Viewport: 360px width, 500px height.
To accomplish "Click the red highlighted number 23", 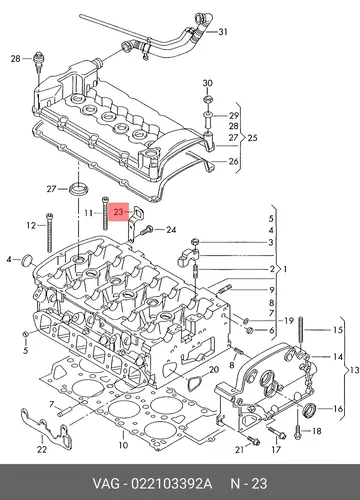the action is (x=118, y=212).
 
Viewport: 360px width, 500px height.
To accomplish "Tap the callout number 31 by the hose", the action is (x=223, y=32).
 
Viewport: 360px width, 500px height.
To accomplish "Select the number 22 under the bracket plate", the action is (x=42, y=449).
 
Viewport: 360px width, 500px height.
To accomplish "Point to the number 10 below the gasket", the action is (x=123, y=445).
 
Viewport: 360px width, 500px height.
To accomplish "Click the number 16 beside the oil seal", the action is (x=338, y=408).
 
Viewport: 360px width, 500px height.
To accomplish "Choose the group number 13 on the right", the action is (x=354, y=370).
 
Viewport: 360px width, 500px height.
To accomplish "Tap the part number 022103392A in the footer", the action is (x=171, y=484).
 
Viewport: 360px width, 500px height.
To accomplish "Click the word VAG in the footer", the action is (x=106, y=484).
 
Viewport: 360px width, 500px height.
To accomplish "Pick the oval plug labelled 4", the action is (x=27, y=260).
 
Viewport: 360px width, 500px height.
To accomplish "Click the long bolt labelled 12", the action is (x=50, y=232).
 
